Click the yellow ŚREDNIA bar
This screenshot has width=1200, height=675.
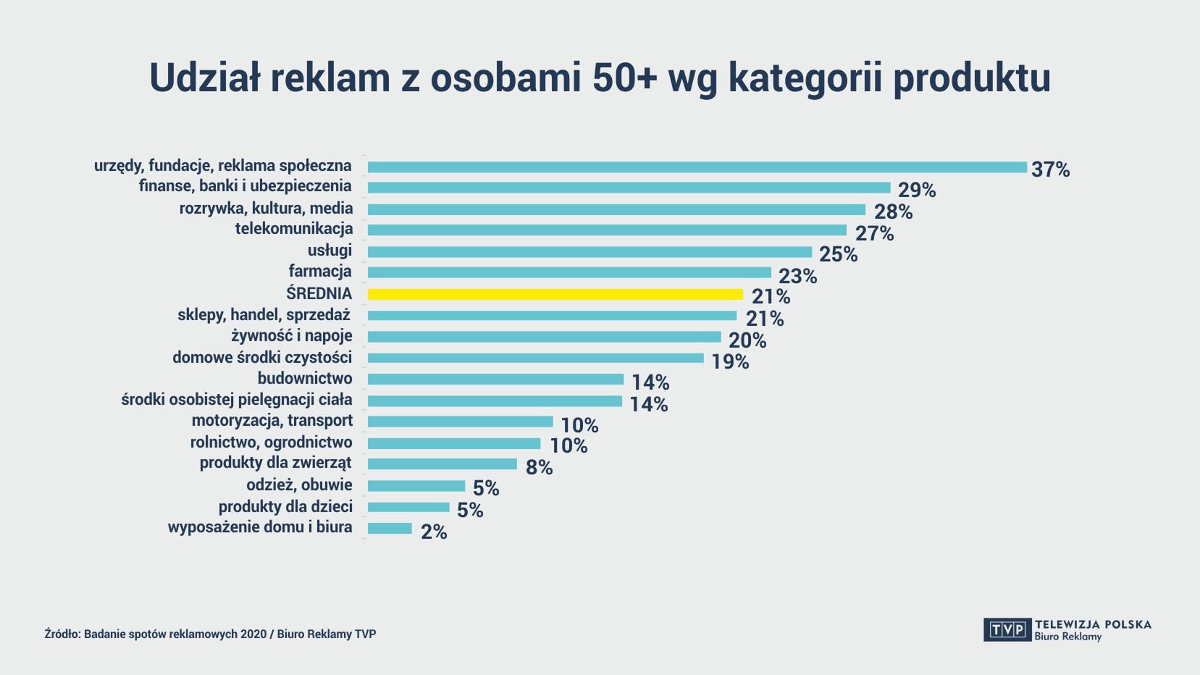555,294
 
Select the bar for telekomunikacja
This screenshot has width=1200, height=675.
607,230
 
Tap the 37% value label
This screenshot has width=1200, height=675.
1050,169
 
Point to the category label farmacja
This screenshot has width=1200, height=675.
320,272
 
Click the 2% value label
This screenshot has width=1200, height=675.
434,532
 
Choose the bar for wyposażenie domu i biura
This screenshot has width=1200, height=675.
390,529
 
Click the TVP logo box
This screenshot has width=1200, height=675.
1007,629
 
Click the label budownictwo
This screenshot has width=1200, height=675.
305,378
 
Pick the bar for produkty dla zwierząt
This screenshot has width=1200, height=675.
442,464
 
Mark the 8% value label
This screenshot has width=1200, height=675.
539,468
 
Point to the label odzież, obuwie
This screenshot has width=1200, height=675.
299,485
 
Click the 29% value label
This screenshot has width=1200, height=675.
917,190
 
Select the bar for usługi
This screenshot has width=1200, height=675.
589,252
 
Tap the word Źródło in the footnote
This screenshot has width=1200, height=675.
61,634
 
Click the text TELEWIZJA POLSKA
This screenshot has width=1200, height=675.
1093,624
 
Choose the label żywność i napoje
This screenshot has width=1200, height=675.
292,336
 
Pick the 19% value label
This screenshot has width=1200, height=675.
730,361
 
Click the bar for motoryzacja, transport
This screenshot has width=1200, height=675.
460,422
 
